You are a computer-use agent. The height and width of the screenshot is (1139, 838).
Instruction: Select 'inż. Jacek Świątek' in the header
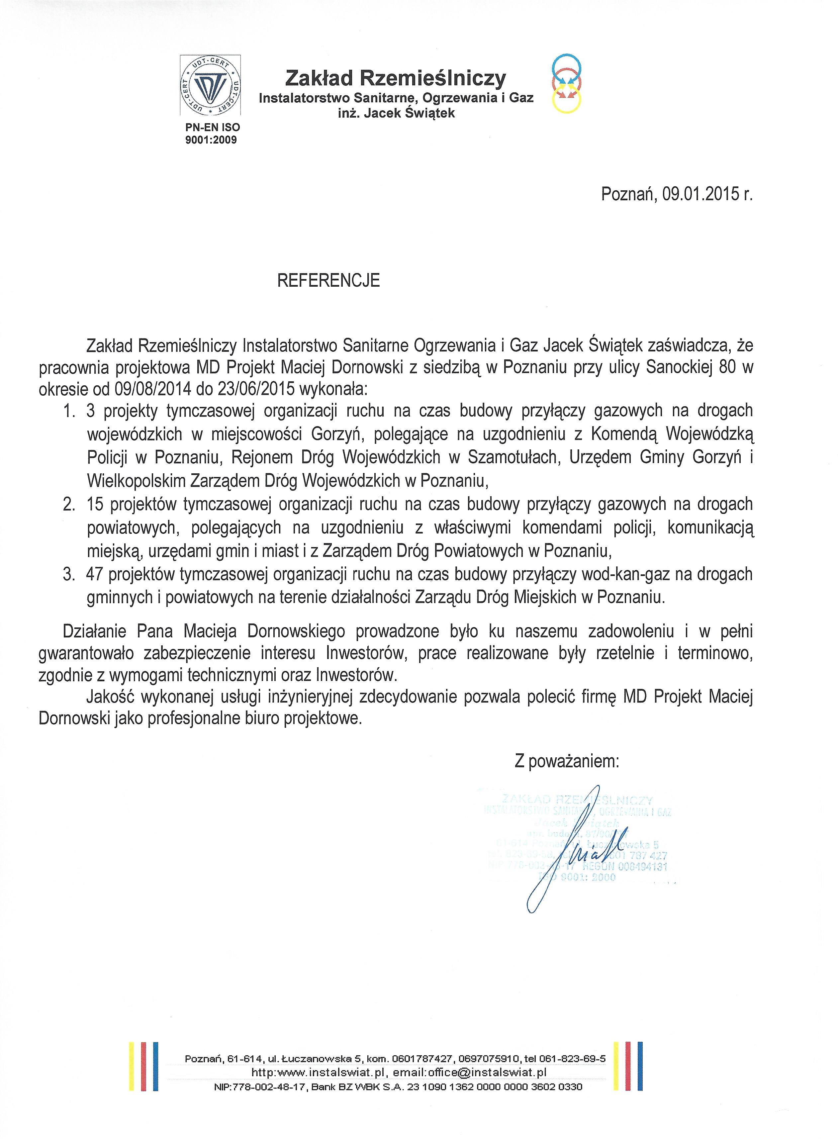coord(396,113)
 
